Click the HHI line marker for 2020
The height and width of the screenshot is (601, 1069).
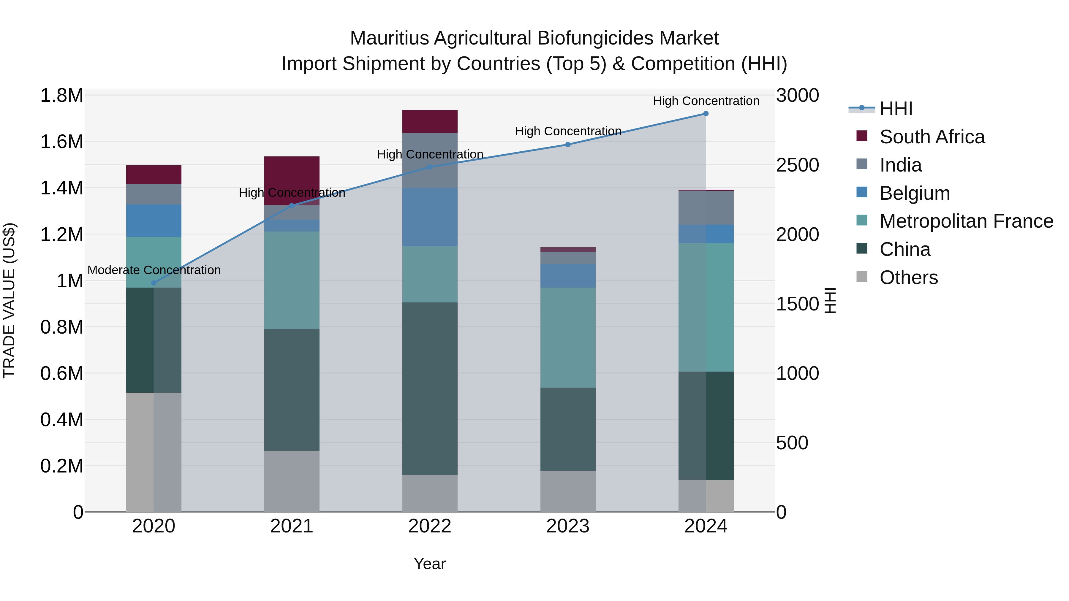pos(154,283)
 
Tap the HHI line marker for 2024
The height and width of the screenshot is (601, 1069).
pos(706,114)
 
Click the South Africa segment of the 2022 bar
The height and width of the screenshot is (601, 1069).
pos(430,121)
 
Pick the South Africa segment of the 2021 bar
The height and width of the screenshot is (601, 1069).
pos(292,180)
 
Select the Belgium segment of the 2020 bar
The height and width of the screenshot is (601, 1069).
pos(154,220)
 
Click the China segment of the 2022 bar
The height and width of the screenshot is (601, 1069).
pos(430,388)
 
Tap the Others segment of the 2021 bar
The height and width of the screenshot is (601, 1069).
pos(292,481)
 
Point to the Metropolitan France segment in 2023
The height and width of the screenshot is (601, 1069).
pos(568,338)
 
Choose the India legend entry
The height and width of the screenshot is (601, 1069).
pos(901,165)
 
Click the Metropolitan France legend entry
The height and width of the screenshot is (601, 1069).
pos(966,221)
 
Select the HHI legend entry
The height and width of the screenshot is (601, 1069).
pos(896,109)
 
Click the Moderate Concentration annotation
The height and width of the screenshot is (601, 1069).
pos(154,270)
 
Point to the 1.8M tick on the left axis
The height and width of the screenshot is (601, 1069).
pos(61,96)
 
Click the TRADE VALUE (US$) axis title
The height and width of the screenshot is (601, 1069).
pos(9,300)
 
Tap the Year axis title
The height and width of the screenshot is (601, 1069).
pos(429,564)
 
